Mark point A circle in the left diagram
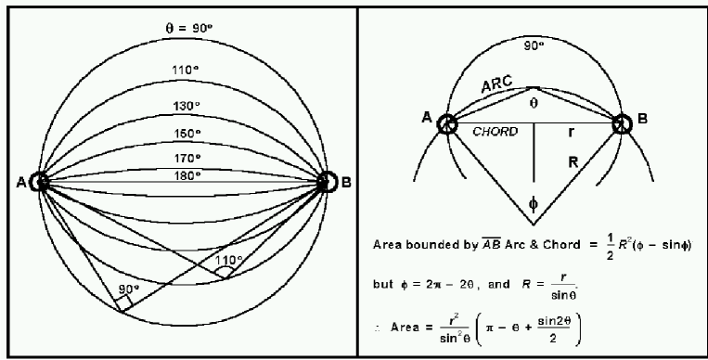(x=39, y=182)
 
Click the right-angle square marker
(x=125, y=302)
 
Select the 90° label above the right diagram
(x=533, y=44)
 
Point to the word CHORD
(x=495, y=132)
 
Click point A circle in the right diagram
(x=446, y=124)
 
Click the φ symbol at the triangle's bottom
(x=533, y=202)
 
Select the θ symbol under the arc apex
(x=533, y=105)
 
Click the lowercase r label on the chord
(x=573, y=133)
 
